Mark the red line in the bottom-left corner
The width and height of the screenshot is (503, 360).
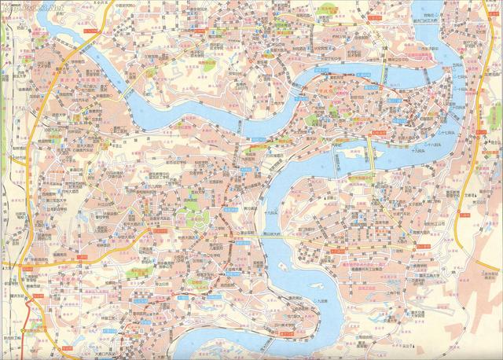pos(31,322)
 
